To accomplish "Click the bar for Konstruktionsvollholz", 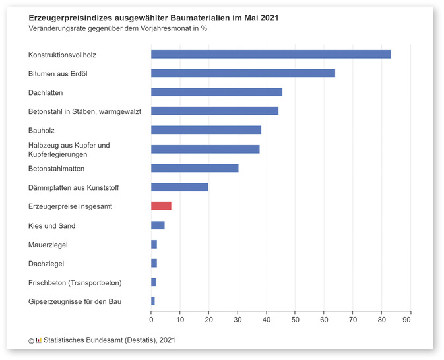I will [x=270, y=54].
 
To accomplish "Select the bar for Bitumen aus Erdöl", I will [x=243, y=73].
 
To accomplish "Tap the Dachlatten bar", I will [x=216, y=92].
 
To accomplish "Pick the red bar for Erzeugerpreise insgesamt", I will [x=161, y=206].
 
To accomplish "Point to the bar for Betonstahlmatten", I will [x=195, y=168].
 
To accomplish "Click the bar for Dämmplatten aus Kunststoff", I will [x=179, y=187].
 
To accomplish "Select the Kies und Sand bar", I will [x=158, y=225].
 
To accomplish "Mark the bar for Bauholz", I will [x=206, y=130].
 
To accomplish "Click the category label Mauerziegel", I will [x=48, y=245].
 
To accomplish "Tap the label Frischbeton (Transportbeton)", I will [x=75, y=283].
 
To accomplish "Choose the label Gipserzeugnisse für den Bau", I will [x=75, y=302].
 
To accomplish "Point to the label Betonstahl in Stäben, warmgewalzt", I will [x=84, y=111].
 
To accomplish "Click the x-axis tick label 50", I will [x=295, y=320].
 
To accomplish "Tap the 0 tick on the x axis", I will [x=151, y=320].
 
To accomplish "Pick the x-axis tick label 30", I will [x=238, y=320].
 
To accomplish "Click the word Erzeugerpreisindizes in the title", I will [x=68, y=18].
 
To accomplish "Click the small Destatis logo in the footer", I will [x=38, y=340].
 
